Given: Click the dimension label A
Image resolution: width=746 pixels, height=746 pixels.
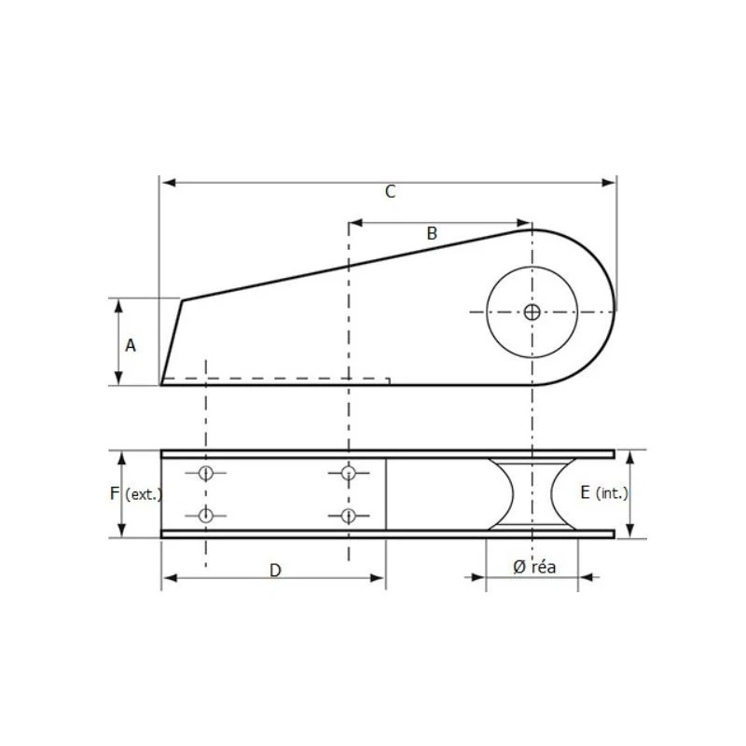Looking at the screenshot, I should pyautogui.click(x=131, y=345).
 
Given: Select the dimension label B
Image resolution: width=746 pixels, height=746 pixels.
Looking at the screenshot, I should pyautogui.click(x=432, y=234).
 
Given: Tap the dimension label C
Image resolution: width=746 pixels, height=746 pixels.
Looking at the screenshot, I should pyautogui.click(x=391, y=192).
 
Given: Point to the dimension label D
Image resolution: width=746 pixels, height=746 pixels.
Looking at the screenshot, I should pyautogui.click(x=275, y=571).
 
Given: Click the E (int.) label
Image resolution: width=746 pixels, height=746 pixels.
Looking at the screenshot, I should pyautogui.click(x=604, y=493).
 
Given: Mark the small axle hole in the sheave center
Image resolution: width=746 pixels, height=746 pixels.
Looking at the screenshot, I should pyautogui.click(x=532, y=312).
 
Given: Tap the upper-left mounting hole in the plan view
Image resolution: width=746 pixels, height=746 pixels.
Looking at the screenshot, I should pyautogui.click(x=206, y=473).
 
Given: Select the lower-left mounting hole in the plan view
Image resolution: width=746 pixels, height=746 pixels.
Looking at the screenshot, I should pyautogui.click(x=206, y=516).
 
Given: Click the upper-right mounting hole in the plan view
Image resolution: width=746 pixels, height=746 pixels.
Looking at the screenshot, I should pyautogui.click(x=349, y=473).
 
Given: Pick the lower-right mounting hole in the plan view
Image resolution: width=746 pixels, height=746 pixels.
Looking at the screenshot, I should pyautogui.click(x=349, y=516).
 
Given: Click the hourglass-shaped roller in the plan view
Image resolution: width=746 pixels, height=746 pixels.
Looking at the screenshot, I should pyautogui.click(x=532, y=494).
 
